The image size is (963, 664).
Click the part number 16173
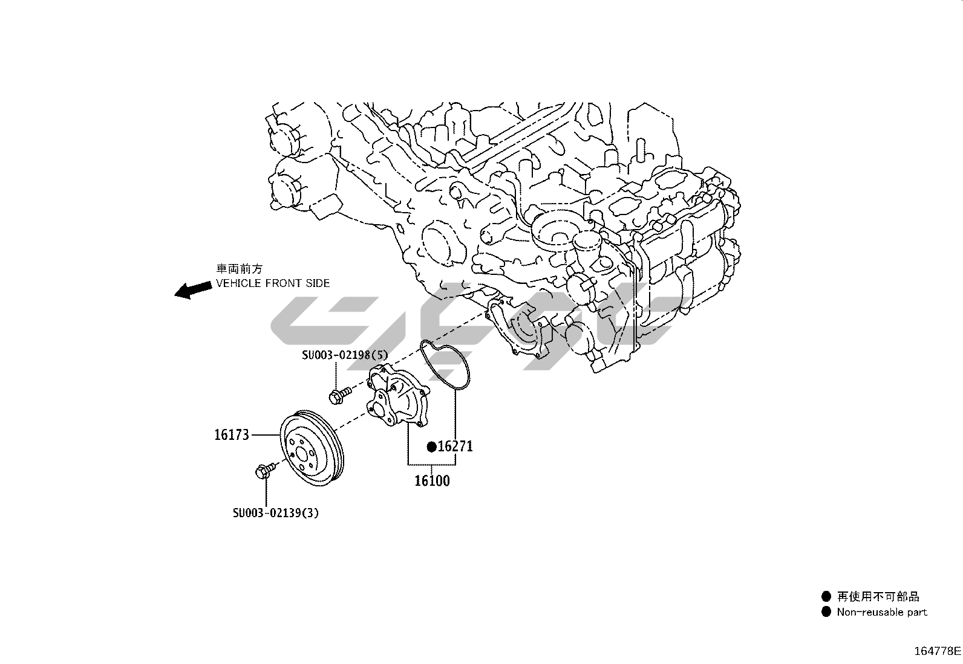(x=232, y=435)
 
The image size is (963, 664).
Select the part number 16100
(x=432, y=480)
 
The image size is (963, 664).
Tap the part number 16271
(x=455, y=446)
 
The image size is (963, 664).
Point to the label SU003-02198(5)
(x=345, y=355)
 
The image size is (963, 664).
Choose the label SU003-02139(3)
(x=276, y=513)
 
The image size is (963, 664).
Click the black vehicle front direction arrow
(x=193, y=291)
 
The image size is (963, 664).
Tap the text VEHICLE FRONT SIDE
(x=273, y=283)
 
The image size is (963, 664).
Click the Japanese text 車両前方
(x=239, y=269)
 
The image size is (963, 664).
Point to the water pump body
(x=397, y=396)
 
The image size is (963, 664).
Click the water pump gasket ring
(x=445, y=365)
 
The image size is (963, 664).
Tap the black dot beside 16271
(x=432, y=447)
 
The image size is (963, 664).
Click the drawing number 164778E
(x=937, y=651)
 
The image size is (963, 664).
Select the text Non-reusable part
(x=882, y=612)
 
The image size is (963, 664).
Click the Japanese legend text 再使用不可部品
(x=878, y=596)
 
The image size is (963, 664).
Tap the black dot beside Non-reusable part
(x=826, y=612)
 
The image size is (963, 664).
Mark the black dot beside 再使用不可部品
(x=826, y=596)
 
